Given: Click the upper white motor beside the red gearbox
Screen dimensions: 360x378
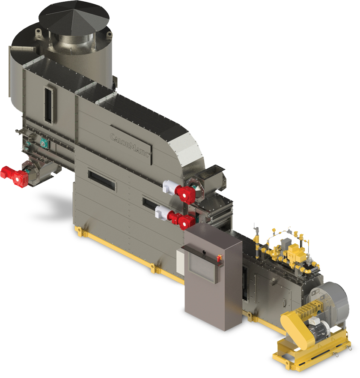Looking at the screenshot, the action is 170,186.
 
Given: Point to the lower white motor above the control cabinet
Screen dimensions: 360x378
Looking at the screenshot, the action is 163,212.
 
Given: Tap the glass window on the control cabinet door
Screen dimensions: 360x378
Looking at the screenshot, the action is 202,269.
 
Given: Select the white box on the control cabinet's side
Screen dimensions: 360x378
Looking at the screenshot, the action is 180,262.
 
